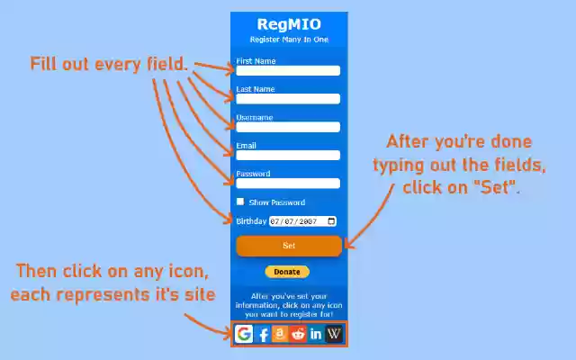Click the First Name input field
pyautogui.click(x=288, y=70)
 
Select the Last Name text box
pyautogui.click(x=288, y=99)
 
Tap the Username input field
pyautogui.click(x=288, y=127)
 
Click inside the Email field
pyautogui.click(x=288, y=155)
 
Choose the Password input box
pyautogui.click(x=288, y=184)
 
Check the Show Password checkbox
pyautogui.click(x=240, y=202)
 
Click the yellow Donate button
pyautogui.click(x=287, y=272)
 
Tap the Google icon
pyautogui.click(x=244, y=334)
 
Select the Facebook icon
pyautogui.click(x=264, y=334)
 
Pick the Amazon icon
pyautogui.click(x=280, y=334)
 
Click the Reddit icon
pyautogui.click(x=298, y=334)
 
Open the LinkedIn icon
pyautogui.click(x=316, y=334)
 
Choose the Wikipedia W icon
pyautogui.click(x=334, y=334)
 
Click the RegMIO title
pyautogui.click(x=288, y=24)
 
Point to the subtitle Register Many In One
pyautogui.click(x=288, y=40)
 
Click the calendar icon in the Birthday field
pyautogui.click(x=332, y=221)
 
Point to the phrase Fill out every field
pyautogui.click(x=109, y=65)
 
